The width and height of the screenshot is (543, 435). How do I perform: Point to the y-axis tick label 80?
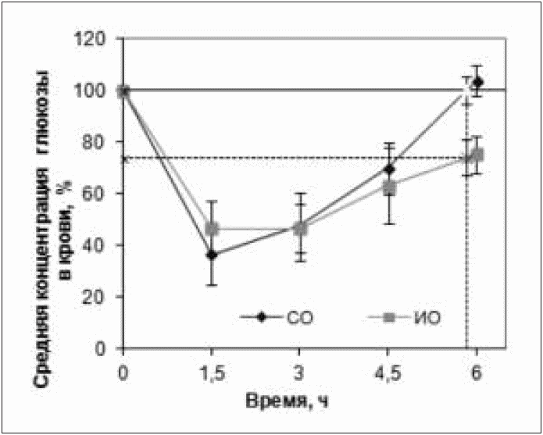coord(100,142)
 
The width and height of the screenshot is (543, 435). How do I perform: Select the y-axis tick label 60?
coord(100,194)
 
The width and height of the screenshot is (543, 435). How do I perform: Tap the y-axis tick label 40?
coord(100,245)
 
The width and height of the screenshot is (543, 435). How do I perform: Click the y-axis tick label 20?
coord(100,297)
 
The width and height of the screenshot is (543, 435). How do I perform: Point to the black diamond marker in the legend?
coord(263,317)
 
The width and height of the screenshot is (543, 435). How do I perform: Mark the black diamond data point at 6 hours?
coord(477,82)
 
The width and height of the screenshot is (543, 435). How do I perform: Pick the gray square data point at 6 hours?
coord(478,155)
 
